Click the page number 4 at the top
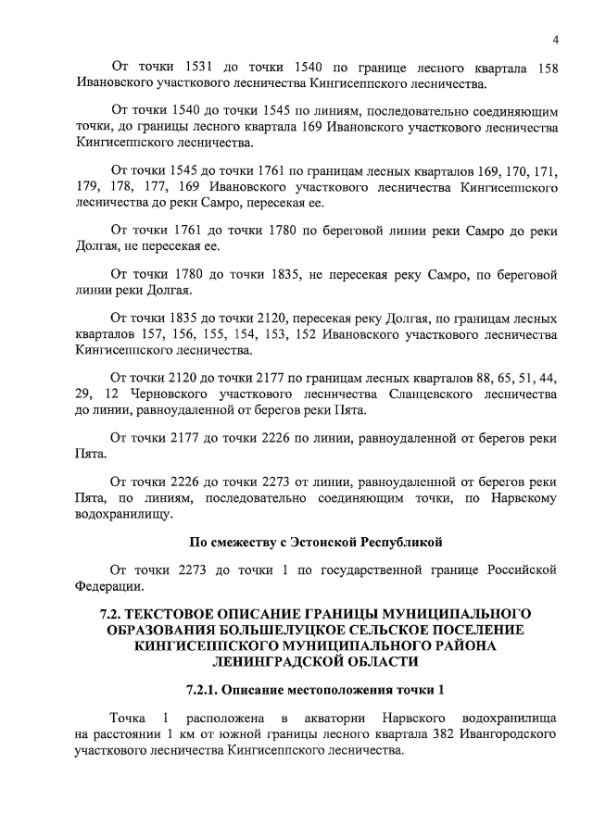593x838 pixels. tap(555, 39)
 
